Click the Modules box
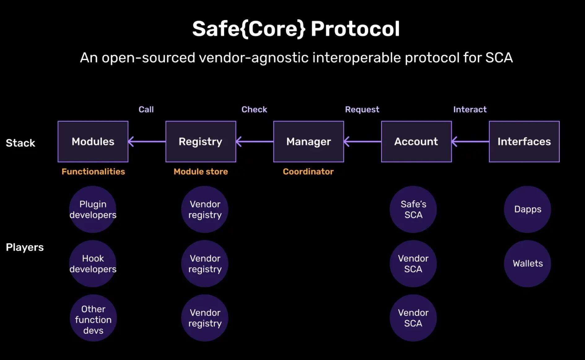[x=93, y=142]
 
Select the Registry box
[x=200, y=142]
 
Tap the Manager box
[x=308, y=142]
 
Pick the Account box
[x=416, y=142]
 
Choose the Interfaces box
[x=524, y=142]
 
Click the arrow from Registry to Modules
[x=147, y=142]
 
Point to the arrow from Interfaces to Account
[x=470, y=142]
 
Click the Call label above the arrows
[x=146, y=109]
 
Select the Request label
[x=362, y=109]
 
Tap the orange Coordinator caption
[x=308, y=172]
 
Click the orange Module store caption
[x=200, y=172]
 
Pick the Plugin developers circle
[x=93, y=209]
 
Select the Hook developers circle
[x=93, y=264]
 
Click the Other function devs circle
[x=93, y=318]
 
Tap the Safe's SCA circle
[x=413, y=209]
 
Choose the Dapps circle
[x=527, y=209]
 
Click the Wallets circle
[x=527, y=264]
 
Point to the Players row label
[x=25, y=247]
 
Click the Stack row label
[x=20, y=143]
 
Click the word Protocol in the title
[x=355, y=29]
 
